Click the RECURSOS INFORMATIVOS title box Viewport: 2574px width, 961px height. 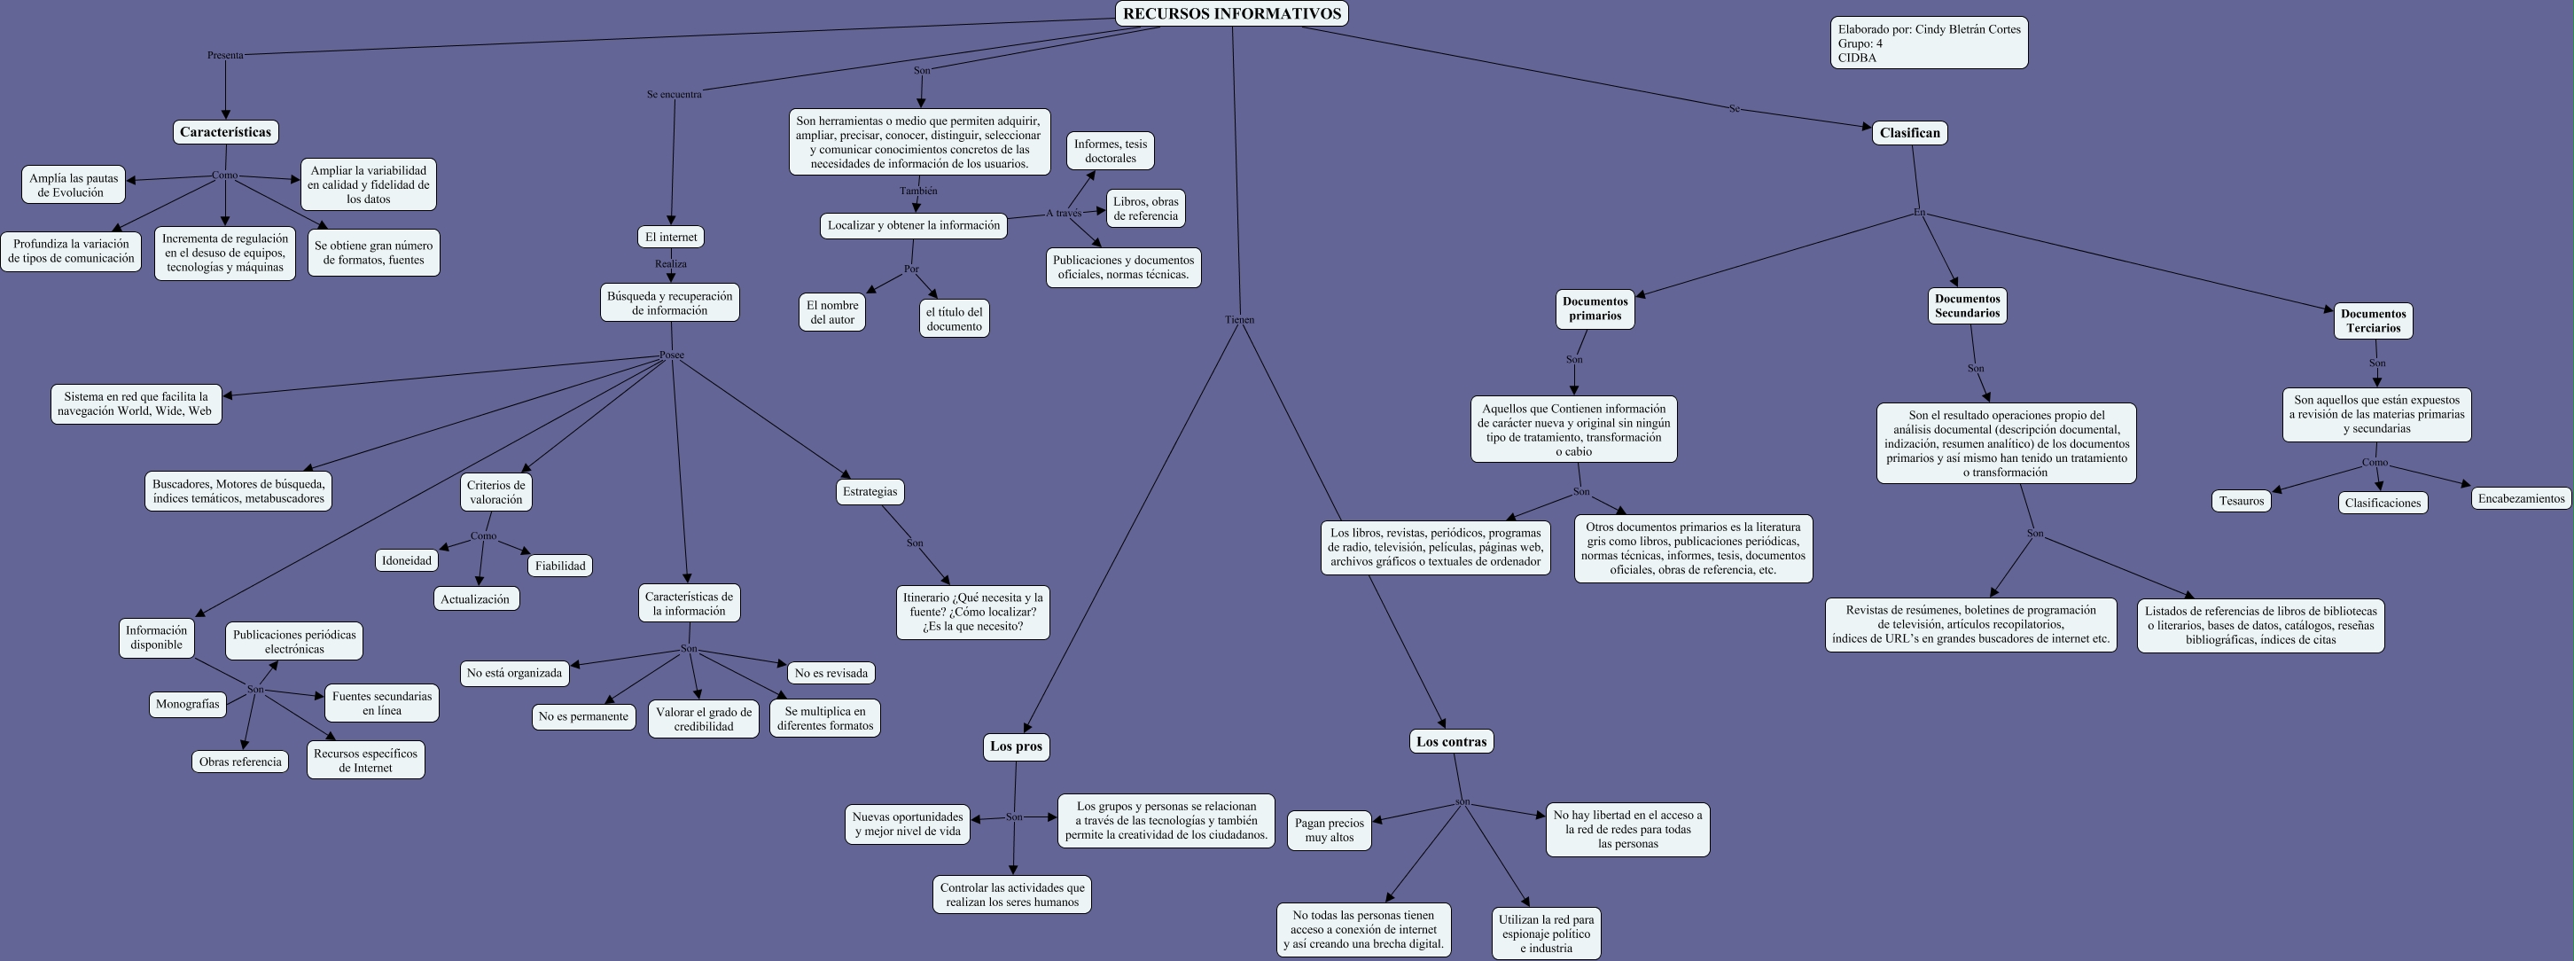pyautogui.click(x=1231, y=14)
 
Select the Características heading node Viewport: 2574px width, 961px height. pyautogui.click(x=225, y=132)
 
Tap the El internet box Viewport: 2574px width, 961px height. pyautogui.click(x=670, y=237)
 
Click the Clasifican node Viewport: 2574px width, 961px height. pyautogui.click(x=1908, y=133)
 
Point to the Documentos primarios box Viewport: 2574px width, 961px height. pyautogui.click(x=1594, y=309)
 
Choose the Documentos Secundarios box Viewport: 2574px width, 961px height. pyautogui.click(x=1967, y=306)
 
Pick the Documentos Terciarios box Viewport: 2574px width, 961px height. pyautogui.click(x=2372, y=321)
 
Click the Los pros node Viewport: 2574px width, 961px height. pyautogui.click(x=1015, y=746)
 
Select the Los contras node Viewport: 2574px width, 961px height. pyautogui.click(x=1451, y=741)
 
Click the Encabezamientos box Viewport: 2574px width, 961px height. pyautogui.click(x=2520, y=497)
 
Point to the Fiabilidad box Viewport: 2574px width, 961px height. pyautogui.click(x=559, y=566)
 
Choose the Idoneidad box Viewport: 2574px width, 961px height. pyautogui.click(x=407, y=560)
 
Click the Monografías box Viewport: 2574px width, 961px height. pyautogui.click(x=188, y=704)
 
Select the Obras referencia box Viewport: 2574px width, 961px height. pyautogui.click(x=240, y=762)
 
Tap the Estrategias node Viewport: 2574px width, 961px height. pyautogui.click(x=870, y=491)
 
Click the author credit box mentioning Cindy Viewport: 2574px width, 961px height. pyautogui.click(x=1929, y=43)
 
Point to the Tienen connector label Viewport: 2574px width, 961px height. pyautogui.click(x=1238, y=320)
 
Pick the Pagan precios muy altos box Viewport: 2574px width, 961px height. pyautogui.click(x=1328, y=830)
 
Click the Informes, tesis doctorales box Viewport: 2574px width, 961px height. pyautogui.click(x=1109, y=151)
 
